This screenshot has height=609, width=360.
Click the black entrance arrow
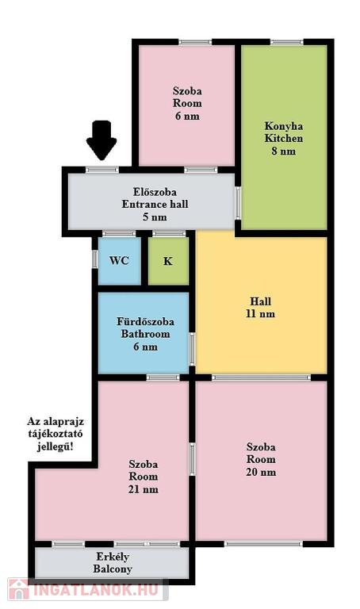coord(101,140)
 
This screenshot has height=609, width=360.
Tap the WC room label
coord(119,260)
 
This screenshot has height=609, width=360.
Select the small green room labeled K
coord(168,261)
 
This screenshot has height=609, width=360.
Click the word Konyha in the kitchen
coord(284,126)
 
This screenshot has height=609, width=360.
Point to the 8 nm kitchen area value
coord(284,151)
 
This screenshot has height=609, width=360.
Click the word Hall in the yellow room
coord(261,301)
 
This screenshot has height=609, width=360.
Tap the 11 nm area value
coord(261,314)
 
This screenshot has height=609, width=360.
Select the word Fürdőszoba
coord(146,322)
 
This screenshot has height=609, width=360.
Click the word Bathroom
coord(146,334)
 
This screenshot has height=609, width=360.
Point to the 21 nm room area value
coord(144,489)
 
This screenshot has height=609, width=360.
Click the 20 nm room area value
coord(261,472)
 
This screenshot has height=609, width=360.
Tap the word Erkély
coord(113,557)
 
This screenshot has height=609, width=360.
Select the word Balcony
coord(113,569)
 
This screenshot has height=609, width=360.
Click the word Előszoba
coord(155,192)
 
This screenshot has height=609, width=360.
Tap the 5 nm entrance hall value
coord(155,216)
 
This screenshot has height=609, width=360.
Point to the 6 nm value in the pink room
coord(187,116)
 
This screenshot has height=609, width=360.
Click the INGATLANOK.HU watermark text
coord(96,590)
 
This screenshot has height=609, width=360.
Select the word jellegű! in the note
coord(56,446)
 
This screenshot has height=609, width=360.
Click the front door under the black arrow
coord(101,170)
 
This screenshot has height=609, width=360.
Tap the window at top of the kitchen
coord(287,42)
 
